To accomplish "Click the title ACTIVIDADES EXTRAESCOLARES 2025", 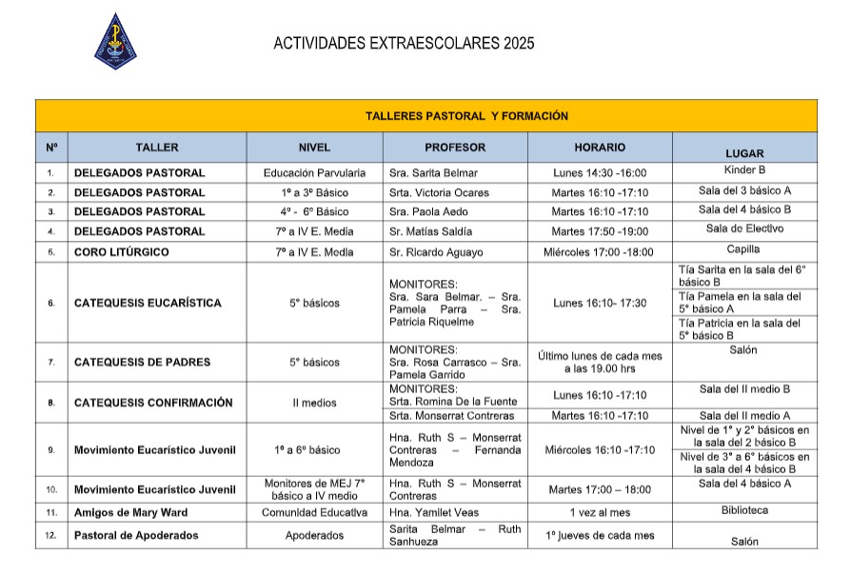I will (404, 43).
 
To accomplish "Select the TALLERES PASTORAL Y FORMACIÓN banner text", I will (466, 116).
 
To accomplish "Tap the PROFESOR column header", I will (455, 148).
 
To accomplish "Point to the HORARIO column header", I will (600, 148).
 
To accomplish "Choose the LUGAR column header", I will (744, 152).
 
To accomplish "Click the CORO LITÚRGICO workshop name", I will (122, 252).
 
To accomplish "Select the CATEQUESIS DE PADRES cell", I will (142, 362).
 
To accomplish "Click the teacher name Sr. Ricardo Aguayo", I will (436, 252).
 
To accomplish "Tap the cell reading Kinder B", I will (744, 169).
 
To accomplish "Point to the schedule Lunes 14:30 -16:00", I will (600, 173).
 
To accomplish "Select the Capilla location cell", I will (744, 249).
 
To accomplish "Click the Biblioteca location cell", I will (744, 510).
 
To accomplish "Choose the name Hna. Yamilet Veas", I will (433, 512).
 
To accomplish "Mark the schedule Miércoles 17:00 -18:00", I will (600, 252).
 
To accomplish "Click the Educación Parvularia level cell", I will (314, 173).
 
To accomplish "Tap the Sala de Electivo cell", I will (744, 228).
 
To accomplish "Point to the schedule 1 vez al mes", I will (600, 512).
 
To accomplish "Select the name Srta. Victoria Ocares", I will (439, 192).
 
